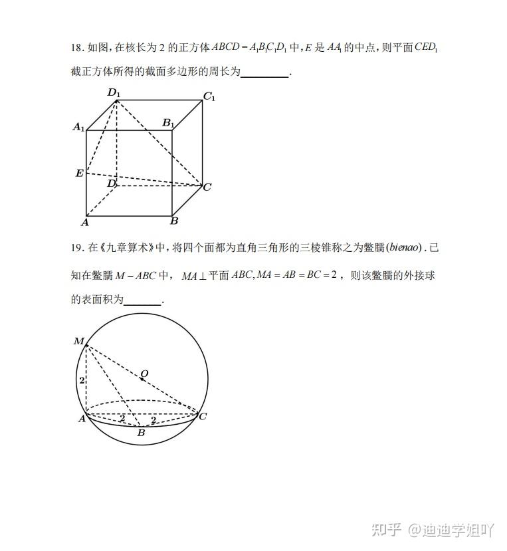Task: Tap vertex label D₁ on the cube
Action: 114,93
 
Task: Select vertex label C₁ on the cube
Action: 209,97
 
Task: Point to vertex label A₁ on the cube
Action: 78,127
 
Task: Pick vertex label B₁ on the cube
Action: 169,124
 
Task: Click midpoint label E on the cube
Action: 80,173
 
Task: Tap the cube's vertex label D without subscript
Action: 112,183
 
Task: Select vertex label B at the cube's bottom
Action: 174,221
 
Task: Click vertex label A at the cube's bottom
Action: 84,222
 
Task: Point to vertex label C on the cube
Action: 207,187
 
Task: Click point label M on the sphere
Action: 79,342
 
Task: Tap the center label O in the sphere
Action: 144,374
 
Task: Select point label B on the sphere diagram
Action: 141,433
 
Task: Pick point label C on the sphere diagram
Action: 203,416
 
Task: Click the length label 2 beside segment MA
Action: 81,381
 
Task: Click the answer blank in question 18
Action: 264,73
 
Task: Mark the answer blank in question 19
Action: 143,301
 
